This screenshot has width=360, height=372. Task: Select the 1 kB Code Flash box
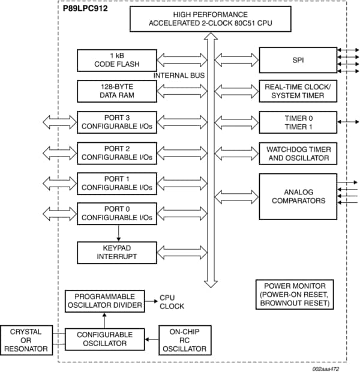(117, 60)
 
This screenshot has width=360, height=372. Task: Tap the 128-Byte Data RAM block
(117, 91)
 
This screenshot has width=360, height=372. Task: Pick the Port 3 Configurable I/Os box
(117, 122)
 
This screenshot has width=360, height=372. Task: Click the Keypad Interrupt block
(117, 252)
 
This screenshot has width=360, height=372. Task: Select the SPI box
(298, 60)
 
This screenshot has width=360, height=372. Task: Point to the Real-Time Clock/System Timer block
(298, 91)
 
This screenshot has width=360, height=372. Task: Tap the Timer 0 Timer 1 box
(298, 122)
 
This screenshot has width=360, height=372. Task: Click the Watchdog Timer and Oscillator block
(298, 153)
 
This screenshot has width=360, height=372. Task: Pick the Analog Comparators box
(298, 196)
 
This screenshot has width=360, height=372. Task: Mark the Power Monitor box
(294, 294)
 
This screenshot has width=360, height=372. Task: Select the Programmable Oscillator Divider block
(105, 301)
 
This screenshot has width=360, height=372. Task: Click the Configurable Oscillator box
(105, 338)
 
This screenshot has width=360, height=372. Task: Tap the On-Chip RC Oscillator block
(184, 339)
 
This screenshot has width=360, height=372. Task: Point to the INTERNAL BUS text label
(179, 76)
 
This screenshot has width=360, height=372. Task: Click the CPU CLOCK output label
(172, 301)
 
